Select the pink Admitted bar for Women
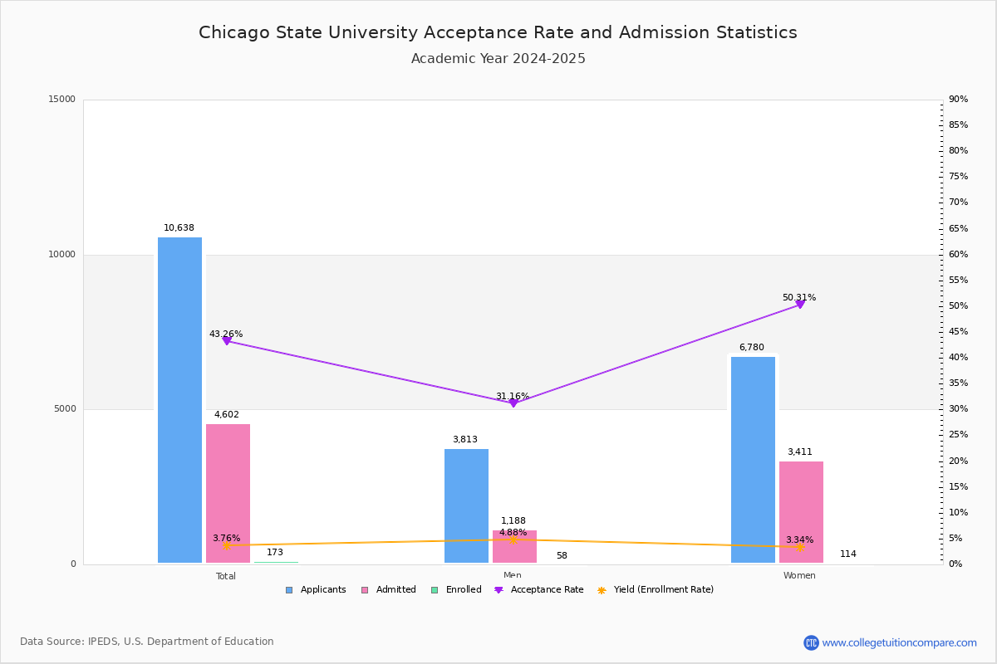click(801, 512)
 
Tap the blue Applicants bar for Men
click(466, 505)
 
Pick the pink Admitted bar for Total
click(228, 493)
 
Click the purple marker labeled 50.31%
click(800, 305)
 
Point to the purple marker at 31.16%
click(513, 403)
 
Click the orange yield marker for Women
click(800, 547)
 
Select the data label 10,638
click(179, 228)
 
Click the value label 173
click(275, 553)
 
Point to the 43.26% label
click(226, 334)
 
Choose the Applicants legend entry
click(316, 590)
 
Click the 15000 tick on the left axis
click(62, 100)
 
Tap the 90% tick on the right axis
click(958, 100)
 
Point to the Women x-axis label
click(799, 576)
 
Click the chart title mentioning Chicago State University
click(498, 32)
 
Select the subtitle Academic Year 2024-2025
click(498, 59)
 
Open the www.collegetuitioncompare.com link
click(899, 642)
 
